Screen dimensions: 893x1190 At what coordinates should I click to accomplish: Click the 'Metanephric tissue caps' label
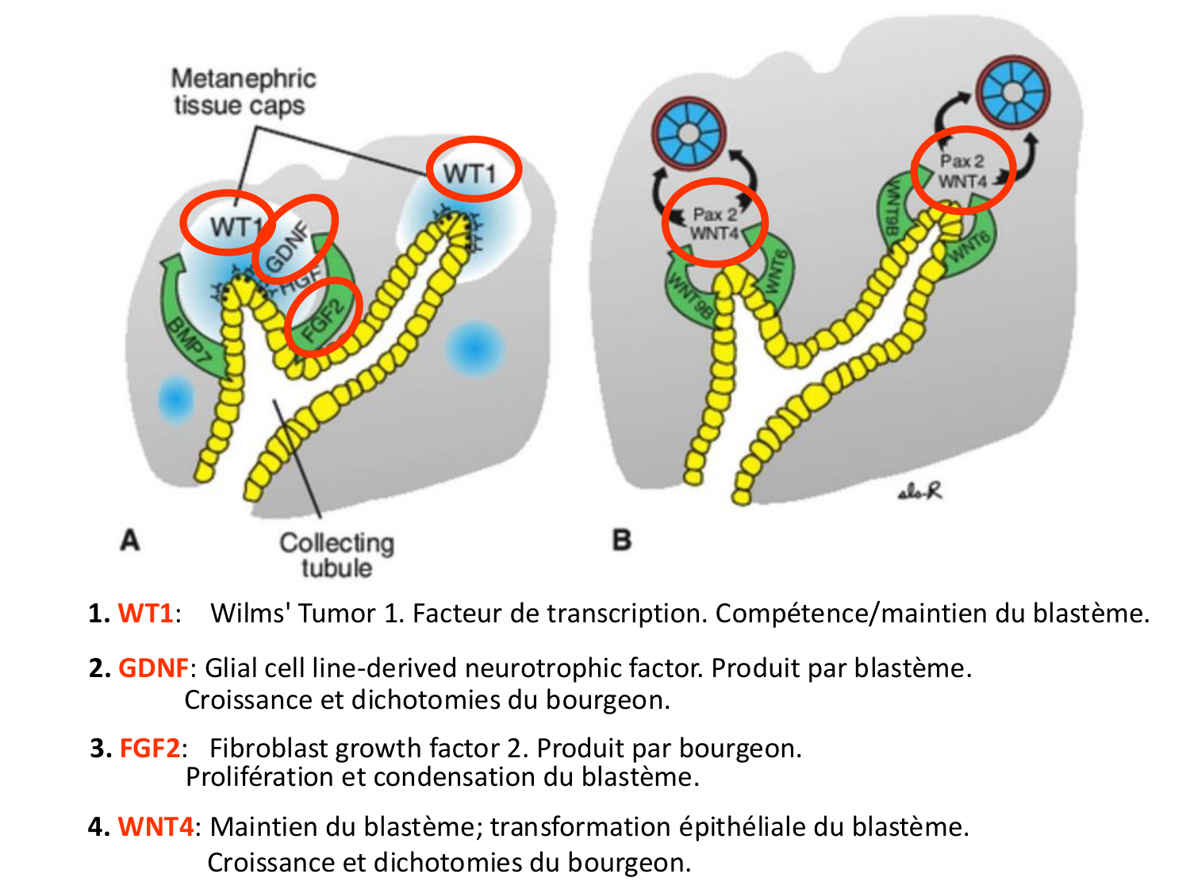click(x=243, y=92)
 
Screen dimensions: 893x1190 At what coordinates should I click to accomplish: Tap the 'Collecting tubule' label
click(x=336, y=555)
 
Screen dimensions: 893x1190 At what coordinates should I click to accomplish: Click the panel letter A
click(x=130, y=540)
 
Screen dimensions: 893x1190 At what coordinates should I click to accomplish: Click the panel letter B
click(x=622, y=540)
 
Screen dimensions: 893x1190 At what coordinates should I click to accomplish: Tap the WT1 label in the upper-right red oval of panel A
click(x=470, y=172)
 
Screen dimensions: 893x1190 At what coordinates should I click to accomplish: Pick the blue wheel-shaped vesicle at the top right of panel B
click(x=1012, y=91)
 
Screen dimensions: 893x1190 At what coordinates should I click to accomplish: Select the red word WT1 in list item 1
click(x=145, y=614)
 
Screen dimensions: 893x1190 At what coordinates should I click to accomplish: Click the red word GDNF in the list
click(x=153, y=668)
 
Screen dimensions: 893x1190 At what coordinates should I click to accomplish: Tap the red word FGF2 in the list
click(x=150, y=749)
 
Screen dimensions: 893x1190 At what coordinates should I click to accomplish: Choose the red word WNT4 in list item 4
click(x=155, y=827)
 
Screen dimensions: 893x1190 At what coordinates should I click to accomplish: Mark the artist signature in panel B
click(x=920, y=492)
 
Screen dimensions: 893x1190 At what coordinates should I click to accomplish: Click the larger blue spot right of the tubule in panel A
click(x=474, y=348)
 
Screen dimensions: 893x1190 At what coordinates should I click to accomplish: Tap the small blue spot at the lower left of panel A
click(x=175, y=398)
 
